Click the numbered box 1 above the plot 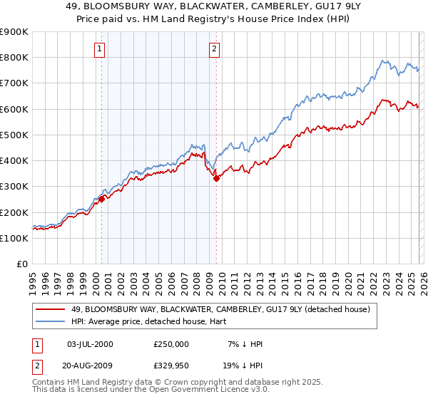pyautogui.click(x=98, y=49)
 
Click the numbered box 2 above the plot pyautogui.click(x=214, y=49)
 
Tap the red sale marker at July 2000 pyautogui.click(x=101, y=199)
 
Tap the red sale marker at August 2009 pyautogui.click(x=216, y=179)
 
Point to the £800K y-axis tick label pyautogui.click(x=14, y=58)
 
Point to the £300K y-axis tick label pyautogui.click(x=14, y=187)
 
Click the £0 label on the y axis pyautogui.click(x=21, y=264)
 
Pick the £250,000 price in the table pyautogui.click(x=171, y=344)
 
